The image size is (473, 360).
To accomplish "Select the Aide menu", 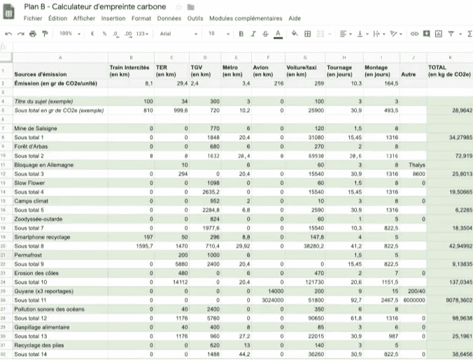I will click(295, 18).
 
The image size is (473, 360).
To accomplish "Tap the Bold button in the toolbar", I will click(241, 33).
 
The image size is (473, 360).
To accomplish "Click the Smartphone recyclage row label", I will click(42, 237).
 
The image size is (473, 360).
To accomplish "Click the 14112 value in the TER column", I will click(179, 282).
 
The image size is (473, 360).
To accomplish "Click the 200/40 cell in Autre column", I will click(417, 291).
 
